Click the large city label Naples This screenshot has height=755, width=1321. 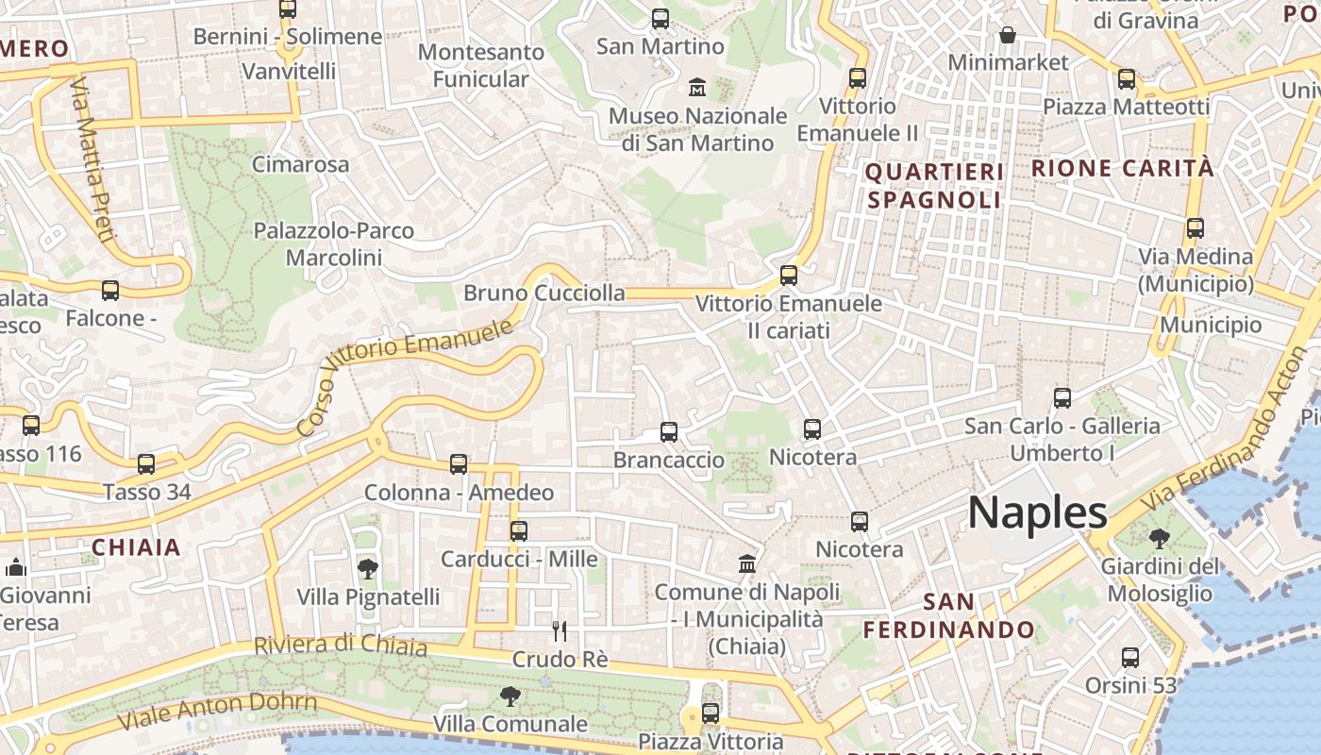(1037, 512)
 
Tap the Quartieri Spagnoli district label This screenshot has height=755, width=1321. (933, 185)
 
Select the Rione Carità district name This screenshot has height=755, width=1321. (1122, 168)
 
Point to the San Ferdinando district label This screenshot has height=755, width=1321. (948, 615)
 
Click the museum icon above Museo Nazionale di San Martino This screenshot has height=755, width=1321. (697, 87)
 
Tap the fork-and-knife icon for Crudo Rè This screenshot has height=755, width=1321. (560, 631)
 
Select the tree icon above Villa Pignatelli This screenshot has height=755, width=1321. (368, 568)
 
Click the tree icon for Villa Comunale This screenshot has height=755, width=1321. (510, 696)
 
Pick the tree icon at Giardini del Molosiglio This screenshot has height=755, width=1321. (1159, 539)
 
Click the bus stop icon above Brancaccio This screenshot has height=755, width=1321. (669, 432)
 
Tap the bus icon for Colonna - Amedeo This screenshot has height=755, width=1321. (459, 464)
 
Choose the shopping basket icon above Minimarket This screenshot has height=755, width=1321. (1008, 35)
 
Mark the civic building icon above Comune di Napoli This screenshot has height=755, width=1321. (747, 563)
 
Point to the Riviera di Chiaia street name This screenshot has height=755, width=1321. (340, 645)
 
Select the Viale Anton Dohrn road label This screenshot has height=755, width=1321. (217, 711)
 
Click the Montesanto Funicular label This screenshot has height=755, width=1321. (481, 65)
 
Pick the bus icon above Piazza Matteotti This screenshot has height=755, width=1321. (1126, 79)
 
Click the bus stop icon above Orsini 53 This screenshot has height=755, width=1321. (1129, 658)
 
